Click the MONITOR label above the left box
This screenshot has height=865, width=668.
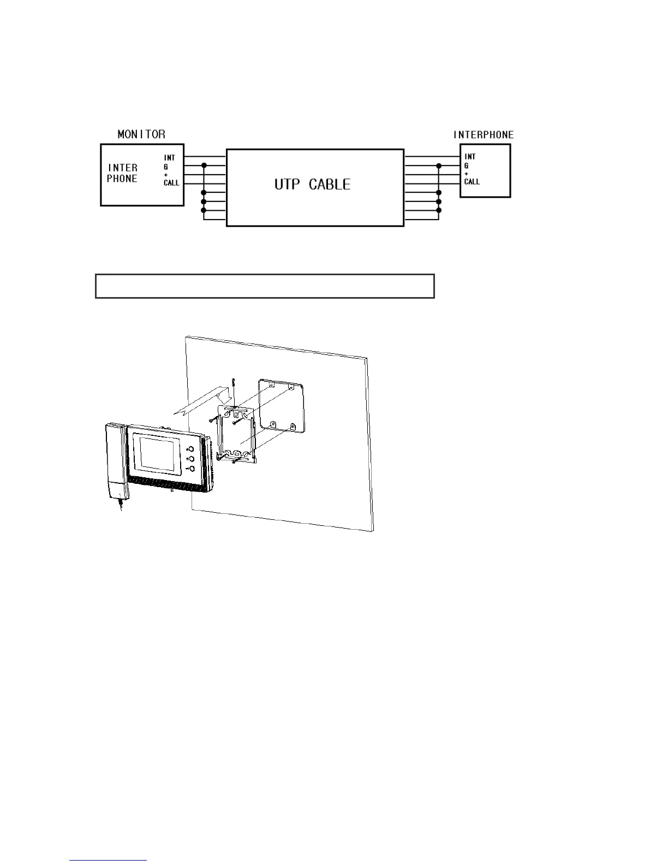click(141, 134)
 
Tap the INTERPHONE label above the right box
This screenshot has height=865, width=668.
click(484, 134)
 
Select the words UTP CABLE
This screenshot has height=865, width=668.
click(312, 184)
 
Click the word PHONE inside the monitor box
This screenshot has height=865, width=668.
click(122, 179)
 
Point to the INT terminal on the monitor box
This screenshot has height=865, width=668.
click(170, 158)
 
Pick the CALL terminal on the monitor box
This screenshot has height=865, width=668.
click(171, 183)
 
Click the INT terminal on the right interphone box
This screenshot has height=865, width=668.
click(470, 157)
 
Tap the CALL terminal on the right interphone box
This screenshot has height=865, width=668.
click(472, 182)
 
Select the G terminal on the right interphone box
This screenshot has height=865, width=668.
click(466, 165)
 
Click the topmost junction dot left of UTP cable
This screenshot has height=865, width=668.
click(204, 165)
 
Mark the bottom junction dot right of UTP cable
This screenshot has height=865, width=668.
click(439, 210)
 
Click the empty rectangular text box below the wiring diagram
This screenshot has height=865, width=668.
click(265, 286)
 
